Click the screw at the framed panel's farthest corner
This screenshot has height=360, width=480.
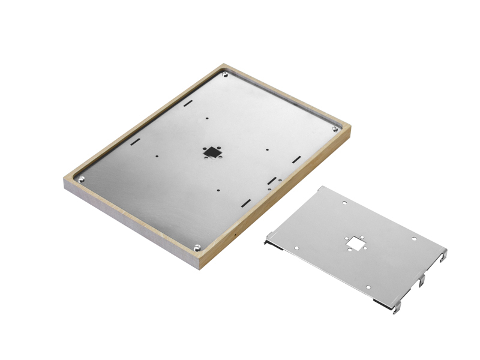[225, 74]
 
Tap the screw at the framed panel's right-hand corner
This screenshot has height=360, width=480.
[334, 128]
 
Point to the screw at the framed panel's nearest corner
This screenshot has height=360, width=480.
[197, 246]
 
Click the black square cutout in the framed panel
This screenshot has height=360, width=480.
[211, 152]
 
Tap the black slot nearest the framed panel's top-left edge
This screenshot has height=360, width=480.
[187, 103]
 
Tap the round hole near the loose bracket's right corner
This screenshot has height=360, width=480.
[414, 239]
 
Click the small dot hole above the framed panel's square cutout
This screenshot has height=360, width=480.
[206, 118]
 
